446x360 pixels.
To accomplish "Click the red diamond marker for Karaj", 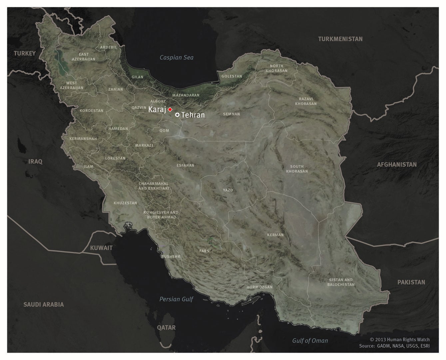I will tap(170, 109).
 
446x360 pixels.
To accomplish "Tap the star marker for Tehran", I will tap(178, 115).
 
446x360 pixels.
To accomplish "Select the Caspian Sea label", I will tap(176, 57).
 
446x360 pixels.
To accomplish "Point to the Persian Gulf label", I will tap(176, 299).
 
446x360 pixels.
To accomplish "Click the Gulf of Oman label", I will tap(310, 340).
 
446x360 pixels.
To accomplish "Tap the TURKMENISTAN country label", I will tap(340, 39).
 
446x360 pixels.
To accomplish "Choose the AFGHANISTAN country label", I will tap(396, 164).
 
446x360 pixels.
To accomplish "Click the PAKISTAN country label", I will tap(411, 282).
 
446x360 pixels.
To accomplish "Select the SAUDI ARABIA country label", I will tap(43, 304).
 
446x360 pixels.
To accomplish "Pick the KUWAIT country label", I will tap(101, 248).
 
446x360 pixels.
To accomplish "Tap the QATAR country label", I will tap(166, 327).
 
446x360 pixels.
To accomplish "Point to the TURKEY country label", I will tap(25, 53).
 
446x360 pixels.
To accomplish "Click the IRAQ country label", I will tap(35, 162).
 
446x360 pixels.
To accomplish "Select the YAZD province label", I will tap(228, 190).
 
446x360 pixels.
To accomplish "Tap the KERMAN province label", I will tap(275, 235).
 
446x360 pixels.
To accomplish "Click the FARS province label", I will tap(204, 251).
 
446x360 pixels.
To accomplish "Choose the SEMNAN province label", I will tap(231, 114).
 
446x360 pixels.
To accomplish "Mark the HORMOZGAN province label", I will tap(259, 287).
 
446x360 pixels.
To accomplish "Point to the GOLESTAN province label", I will tap(231, 76).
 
